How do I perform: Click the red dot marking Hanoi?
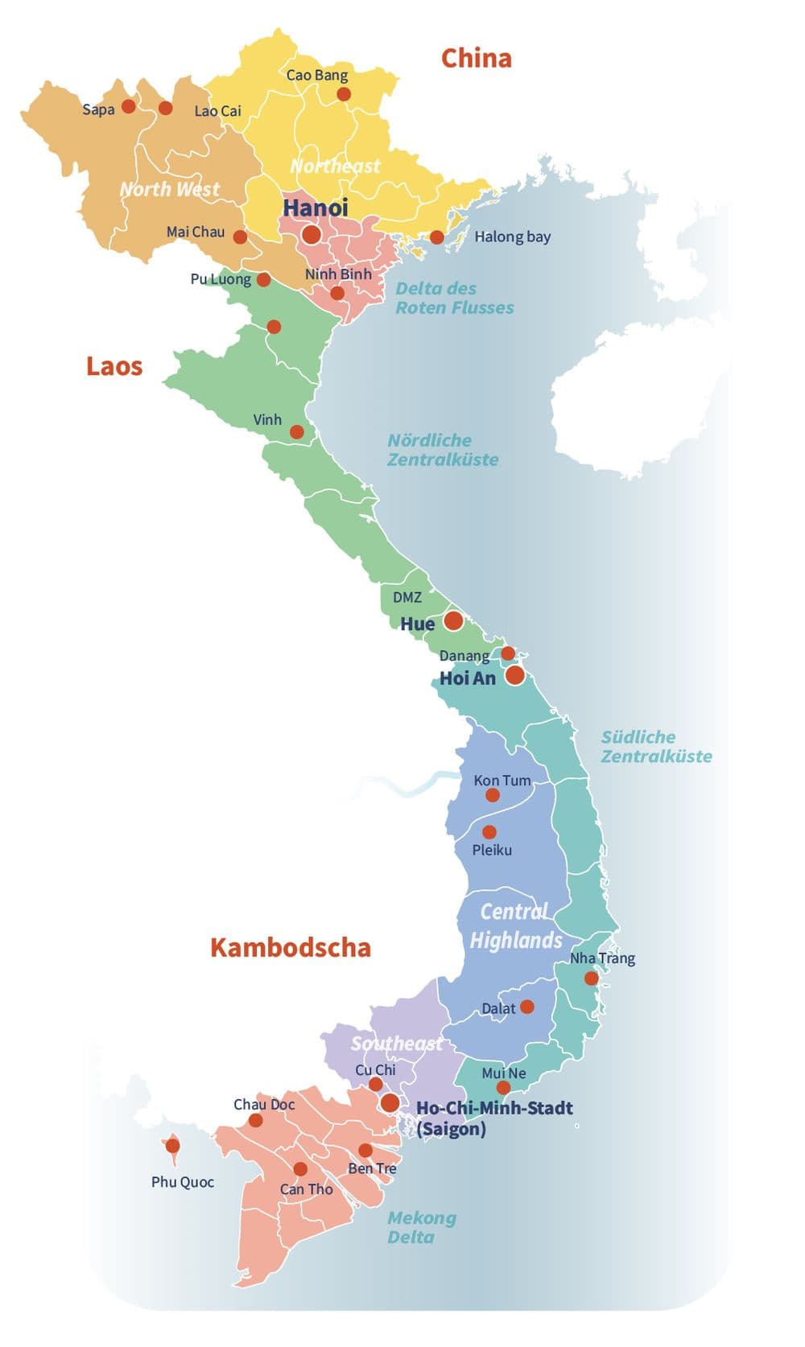point(312,234)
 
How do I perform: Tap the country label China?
point(476,58)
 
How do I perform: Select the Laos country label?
point(114,366)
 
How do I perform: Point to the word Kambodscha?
point(290,947)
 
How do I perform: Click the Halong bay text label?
point(512,237)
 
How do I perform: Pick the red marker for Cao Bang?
point(344,94)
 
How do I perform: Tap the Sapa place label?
point(98,109)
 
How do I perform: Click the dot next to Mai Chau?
point(240,237)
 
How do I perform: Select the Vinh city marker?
point(297,432)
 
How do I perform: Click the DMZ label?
point(407,597)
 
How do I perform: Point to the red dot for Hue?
point(453,620)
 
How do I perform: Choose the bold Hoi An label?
point(468,678)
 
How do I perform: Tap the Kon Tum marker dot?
point(492,795)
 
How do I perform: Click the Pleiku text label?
point(492,850)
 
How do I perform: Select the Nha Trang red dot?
point(591,978)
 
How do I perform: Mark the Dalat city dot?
point(526,1007)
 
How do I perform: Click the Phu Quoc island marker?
point(172,1146)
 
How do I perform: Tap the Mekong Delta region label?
point(421,1227)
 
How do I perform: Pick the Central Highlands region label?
point(515,925)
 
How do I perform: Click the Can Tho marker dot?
point(300,1168)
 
